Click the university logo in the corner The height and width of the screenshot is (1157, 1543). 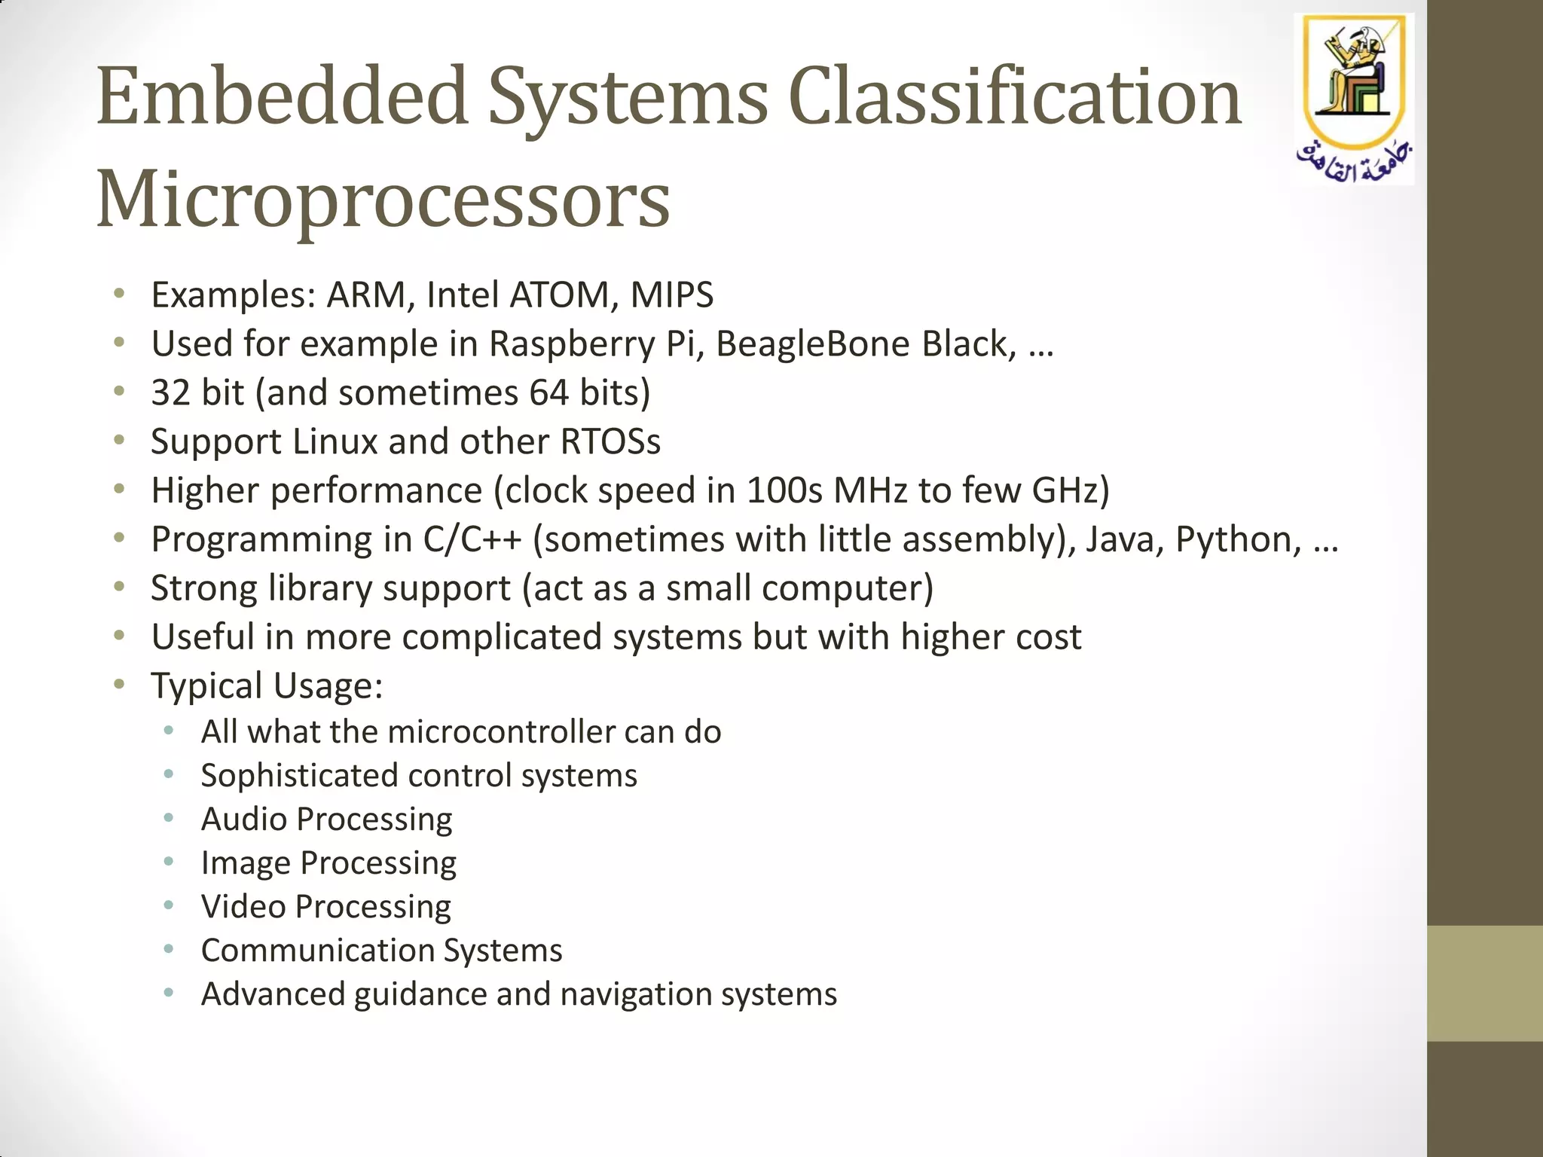click(x=1354, y=98)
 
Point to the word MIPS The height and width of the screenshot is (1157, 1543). click(x=671, y=295)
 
